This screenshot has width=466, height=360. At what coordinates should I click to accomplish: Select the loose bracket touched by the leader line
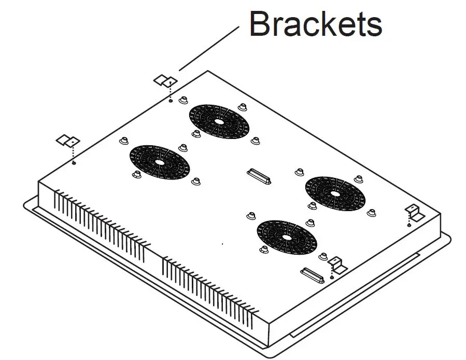[165, 80]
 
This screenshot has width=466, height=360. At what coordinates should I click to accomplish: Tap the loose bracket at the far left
[68, 141]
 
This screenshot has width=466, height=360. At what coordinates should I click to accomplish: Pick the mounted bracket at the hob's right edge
[413, 212]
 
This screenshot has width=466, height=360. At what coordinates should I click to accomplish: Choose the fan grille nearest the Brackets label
[219, 121]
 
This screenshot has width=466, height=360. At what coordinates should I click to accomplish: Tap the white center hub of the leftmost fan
[159, 162]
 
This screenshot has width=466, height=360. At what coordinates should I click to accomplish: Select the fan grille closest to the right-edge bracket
[335, 193]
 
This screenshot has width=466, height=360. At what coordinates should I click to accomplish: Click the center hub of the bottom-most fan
[287, 237]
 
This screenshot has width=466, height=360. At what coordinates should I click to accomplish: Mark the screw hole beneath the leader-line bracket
[171, 101]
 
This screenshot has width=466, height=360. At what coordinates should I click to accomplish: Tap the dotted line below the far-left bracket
[74, 153]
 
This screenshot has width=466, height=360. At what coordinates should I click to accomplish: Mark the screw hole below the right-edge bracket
[409, 224]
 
